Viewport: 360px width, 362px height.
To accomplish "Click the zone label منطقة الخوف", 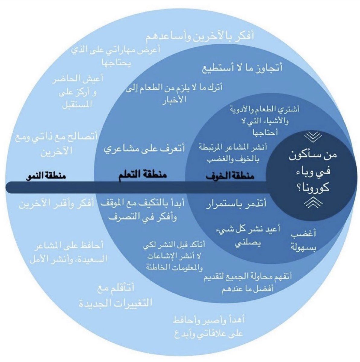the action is (230, 176).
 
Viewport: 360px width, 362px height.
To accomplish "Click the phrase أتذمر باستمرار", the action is (236, 205).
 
